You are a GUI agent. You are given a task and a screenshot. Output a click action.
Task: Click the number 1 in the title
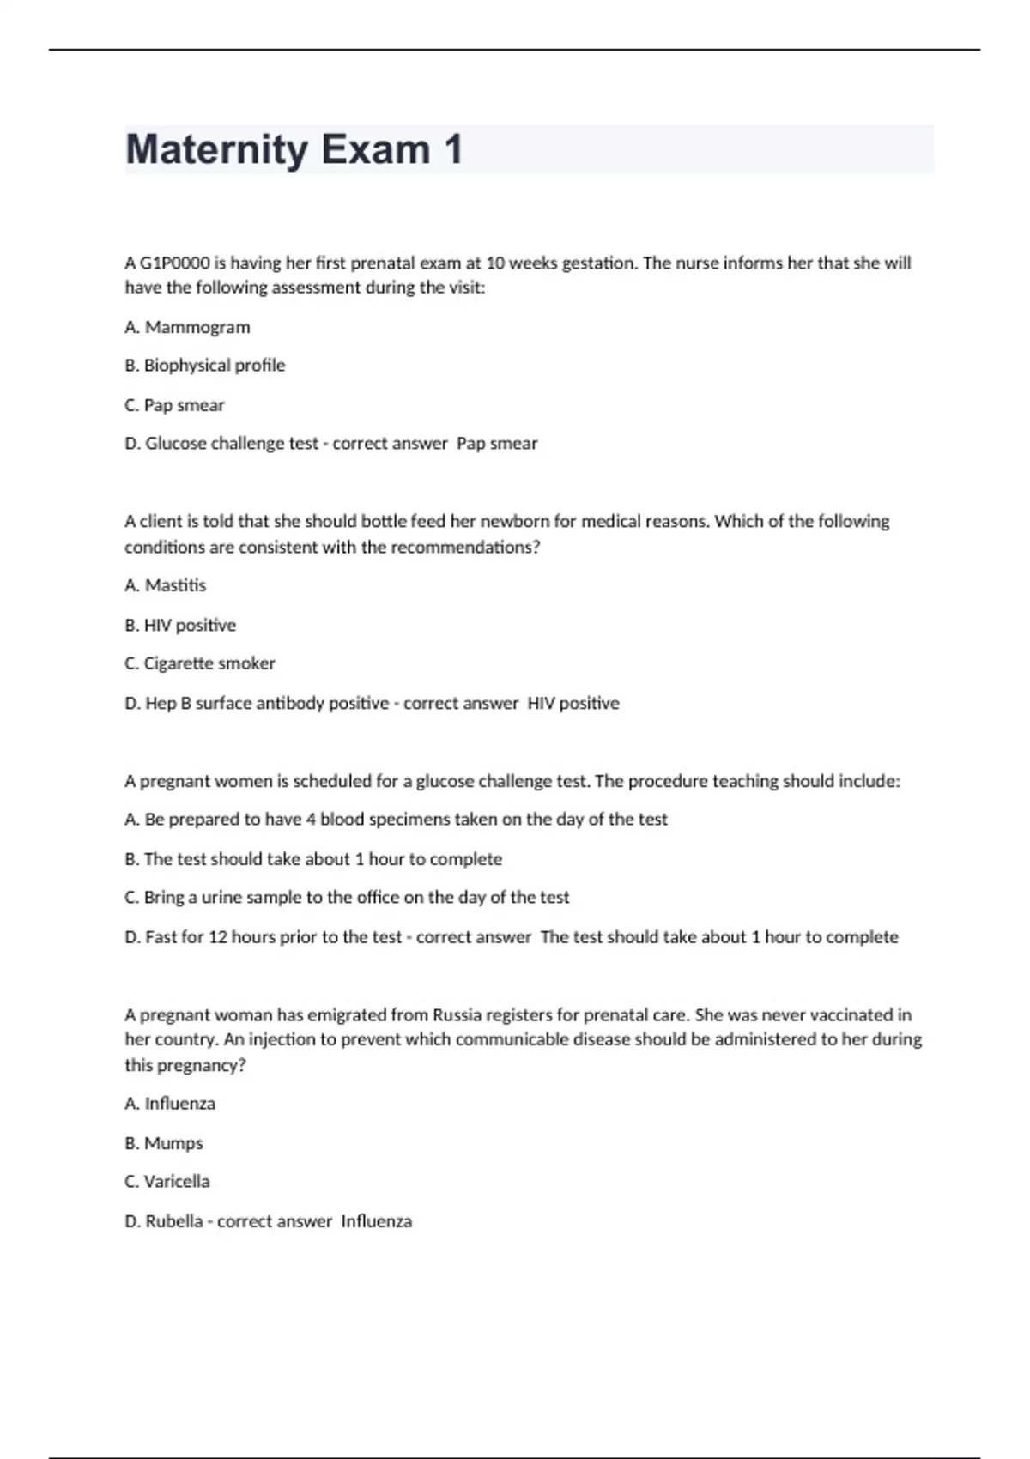tap(453, 150)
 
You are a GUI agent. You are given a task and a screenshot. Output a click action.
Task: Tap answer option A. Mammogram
tap(188, 327)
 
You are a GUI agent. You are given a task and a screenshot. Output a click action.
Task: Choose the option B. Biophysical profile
tap(205, 366)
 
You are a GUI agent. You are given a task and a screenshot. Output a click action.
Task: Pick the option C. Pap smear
tap(175, 405)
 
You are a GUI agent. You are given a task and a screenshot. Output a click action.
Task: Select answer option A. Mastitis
tap(166, 585)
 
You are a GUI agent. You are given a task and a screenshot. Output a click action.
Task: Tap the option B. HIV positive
tap(180, 625)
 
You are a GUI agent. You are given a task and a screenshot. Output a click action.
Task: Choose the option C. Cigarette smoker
tap(200, 663)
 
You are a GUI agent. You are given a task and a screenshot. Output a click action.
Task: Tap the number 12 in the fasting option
tap(218, 937)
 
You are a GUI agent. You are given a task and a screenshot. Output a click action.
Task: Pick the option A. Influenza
tap(170, 1104)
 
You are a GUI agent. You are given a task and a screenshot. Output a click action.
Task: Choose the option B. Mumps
tap(164, 1143)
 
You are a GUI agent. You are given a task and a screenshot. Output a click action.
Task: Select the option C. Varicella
tap(167, 1182)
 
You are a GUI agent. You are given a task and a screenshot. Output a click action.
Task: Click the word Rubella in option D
tap(174, 1221)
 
